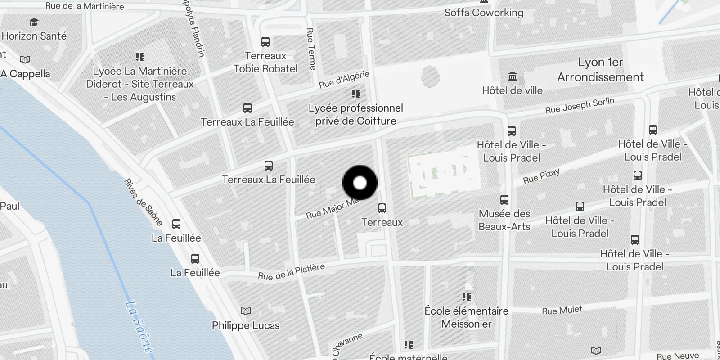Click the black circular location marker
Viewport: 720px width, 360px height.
point(360,183)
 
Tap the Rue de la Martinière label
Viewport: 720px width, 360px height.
point(85,6)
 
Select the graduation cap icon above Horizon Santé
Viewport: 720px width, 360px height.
point(34,22)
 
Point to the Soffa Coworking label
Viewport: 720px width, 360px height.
point(484,13)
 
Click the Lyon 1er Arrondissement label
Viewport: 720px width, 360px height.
point(600,70)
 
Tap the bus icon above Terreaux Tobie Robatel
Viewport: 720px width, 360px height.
point(265,42)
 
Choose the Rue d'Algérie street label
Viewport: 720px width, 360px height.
point(344,80)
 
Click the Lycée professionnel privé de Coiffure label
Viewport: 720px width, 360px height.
point(355,114)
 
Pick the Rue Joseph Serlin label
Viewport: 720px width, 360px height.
point(580,105)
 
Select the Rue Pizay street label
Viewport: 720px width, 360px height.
point(541,176)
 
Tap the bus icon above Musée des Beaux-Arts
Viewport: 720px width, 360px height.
point(504,199)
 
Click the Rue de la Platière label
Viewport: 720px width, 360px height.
point(291,272)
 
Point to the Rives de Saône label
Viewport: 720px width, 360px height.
point(143,202)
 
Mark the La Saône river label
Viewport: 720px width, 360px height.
point(139,327)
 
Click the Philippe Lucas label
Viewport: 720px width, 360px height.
point(246,325)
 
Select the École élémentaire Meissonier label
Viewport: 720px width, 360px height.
point(467,317)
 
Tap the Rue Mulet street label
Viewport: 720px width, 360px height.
point(562,310)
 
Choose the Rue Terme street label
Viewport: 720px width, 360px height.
point(311,49)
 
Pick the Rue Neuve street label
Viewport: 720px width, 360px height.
point(677,356)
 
